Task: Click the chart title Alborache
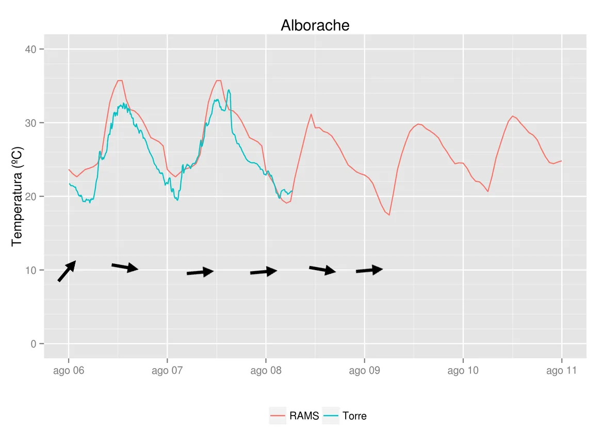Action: point(315,25)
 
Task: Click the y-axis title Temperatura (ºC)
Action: point(17,196)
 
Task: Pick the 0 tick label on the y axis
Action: point(34,344)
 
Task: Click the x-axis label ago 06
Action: point(69,371)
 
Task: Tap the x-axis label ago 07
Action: point(167,371)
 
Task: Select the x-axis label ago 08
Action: point(266,371)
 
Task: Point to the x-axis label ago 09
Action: point(364,371)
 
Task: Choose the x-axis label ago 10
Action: point(463,371)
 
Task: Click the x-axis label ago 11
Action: point(561,371)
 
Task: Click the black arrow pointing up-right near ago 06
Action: point(67,271)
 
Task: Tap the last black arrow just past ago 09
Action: point(369,270)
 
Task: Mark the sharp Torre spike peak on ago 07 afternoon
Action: point(229,90)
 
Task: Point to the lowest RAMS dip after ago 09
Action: point(389,214)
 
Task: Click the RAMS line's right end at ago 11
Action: point(561,161)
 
